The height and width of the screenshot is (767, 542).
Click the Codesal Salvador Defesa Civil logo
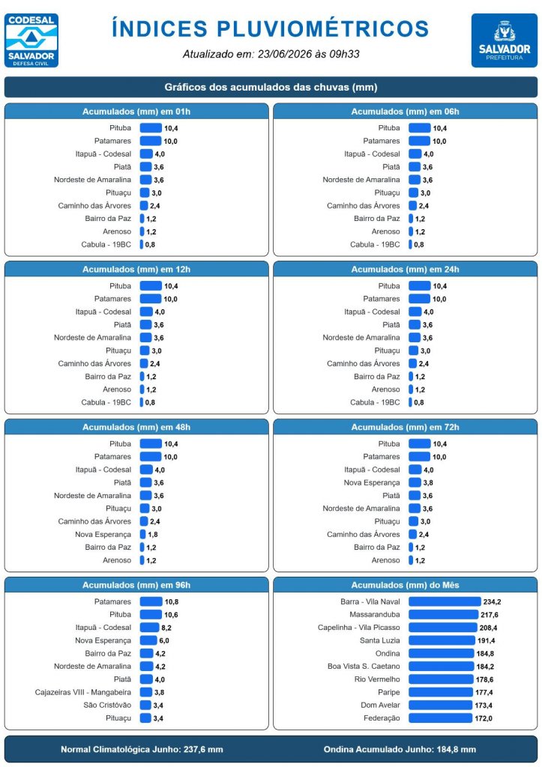click(x=31, y=40)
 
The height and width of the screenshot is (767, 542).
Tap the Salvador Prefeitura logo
click(x=505, y=40)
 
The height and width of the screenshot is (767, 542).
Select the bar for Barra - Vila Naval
click(x=445, y=601)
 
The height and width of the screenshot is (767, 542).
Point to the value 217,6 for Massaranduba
click(x=490, y=615)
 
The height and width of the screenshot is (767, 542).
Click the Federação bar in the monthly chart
click(x=440, y=718)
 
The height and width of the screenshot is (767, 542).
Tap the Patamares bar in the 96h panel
click(x=151, y=601)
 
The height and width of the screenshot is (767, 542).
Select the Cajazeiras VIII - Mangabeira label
click(x=82, y=692)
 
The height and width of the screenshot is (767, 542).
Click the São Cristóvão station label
click(x=107, y=705)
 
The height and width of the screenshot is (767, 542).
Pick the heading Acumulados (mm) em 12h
click(x=136, y=270)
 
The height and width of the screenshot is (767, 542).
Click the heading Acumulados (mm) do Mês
click(x=405, y=585)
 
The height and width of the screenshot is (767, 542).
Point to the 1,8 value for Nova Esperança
click(x=153, y=535)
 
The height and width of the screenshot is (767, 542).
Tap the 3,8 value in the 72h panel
click(x=428, y=483)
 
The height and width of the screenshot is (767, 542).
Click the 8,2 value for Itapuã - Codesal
click(x=166, y=628)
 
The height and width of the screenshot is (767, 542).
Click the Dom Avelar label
click(x=380, y=705)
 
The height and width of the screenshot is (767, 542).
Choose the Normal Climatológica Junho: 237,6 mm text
click(x=142, y=749)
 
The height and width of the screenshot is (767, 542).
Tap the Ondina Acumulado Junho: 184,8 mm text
click(x=400, y=749)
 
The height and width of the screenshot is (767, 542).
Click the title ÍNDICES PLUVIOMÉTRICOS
click(x=271, y=28)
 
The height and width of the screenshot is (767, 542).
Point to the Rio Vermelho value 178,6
click(x=484, y=679)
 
